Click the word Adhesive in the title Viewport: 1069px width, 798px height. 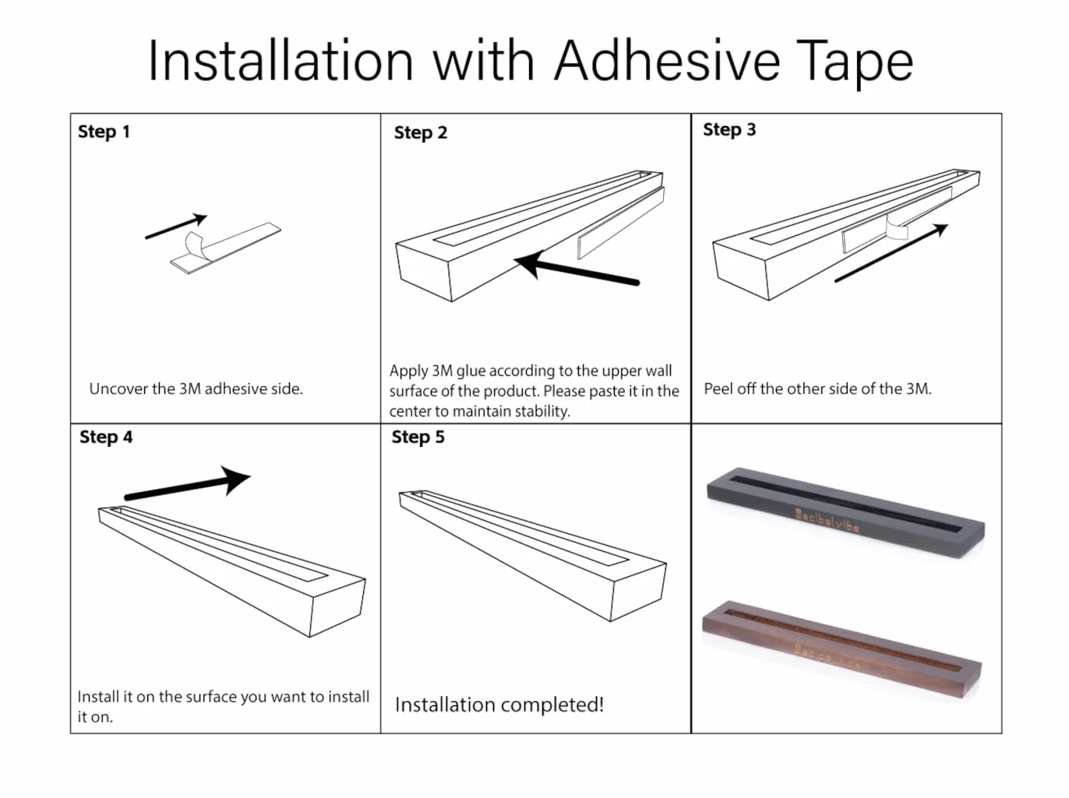coord(667,62)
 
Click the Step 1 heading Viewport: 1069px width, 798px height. coord(104,132)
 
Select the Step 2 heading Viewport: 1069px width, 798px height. coord(420,133)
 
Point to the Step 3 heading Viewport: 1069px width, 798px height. coord(729,130)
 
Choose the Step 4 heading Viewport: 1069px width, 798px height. coord(106,437)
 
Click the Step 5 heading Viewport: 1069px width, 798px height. coord(418,437)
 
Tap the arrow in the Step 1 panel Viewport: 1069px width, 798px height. coord(176,227)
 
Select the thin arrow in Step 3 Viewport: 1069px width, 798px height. coord(891,252)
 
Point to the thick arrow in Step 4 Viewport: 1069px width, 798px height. coord(188,484)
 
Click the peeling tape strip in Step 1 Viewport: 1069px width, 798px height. coord(225,248)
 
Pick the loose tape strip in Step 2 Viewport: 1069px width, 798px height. coord(621,223)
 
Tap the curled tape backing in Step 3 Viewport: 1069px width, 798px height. coord(896,227)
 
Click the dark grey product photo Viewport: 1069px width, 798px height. coord(845,512)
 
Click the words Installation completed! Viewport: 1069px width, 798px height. coord(499,705)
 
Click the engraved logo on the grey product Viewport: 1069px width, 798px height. coord(827,520)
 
